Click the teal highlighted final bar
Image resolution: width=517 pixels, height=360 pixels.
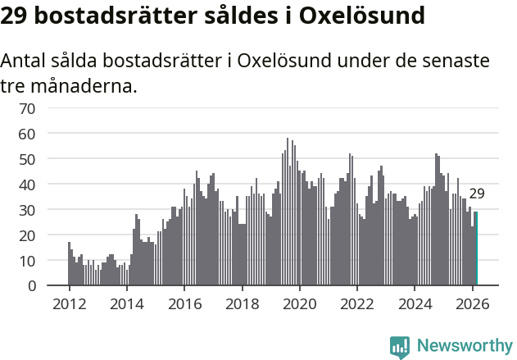point(476,248)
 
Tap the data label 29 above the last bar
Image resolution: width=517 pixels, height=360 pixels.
point(477,194)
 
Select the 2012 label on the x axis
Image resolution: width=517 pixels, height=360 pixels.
point(69,303)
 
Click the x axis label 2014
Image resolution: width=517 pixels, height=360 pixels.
point(126,303)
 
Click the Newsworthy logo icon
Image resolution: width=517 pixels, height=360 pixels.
point(400,347)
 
